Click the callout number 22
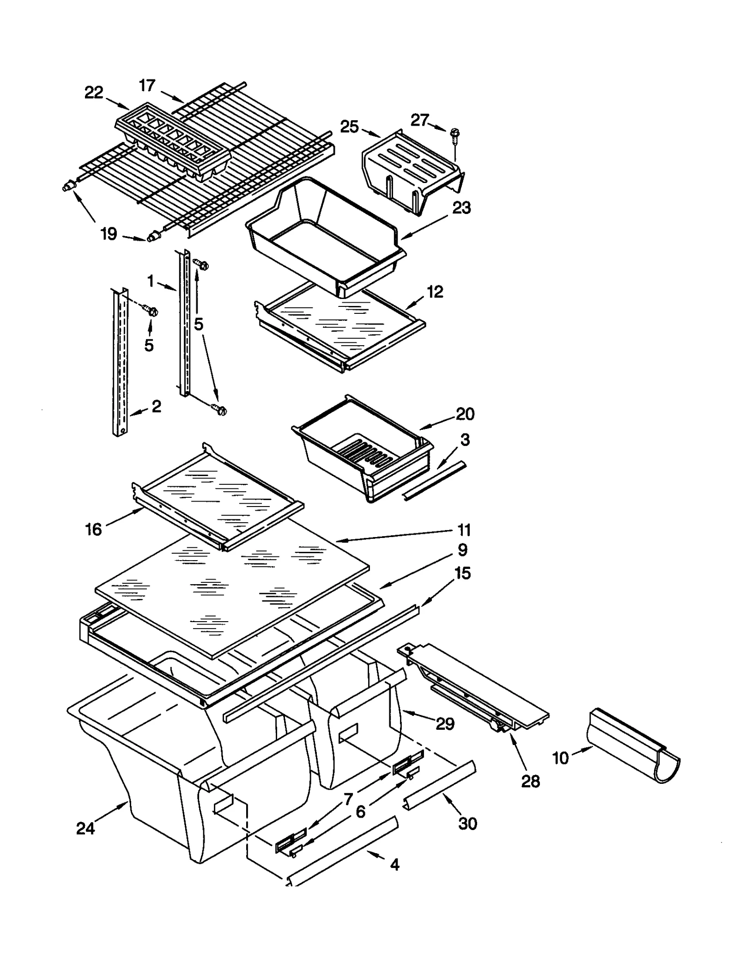tap(94, 93)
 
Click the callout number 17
tap(147, 86)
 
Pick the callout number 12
tap(435, 292)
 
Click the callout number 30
tap(467, 823)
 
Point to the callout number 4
tap(394, 864)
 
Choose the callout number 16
tap(93, 529)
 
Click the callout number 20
tap(465, 414)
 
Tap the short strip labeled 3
tap(434, 481)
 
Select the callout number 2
tap(157, 406)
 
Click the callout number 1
tap(151, 281)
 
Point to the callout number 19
tap(109, 234)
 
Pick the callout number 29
tap(445, 723)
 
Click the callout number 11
tap(464, 530)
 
